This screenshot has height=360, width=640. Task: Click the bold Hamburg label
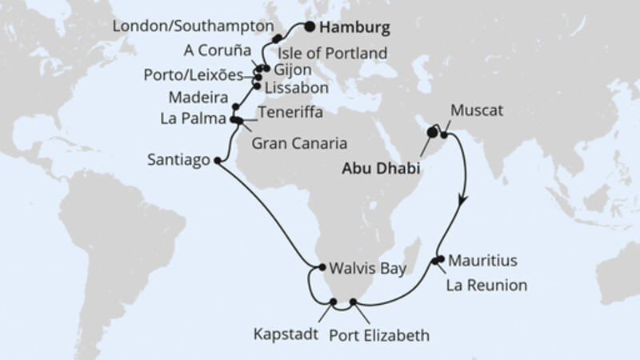pos(356,28)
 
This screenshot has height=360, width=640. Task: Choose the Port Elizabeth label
pos(379,334)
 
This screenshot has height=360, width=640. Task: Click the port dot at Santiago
pos(218,160)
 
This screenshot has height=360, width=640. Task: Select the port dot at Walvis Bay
pos(319,268)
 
